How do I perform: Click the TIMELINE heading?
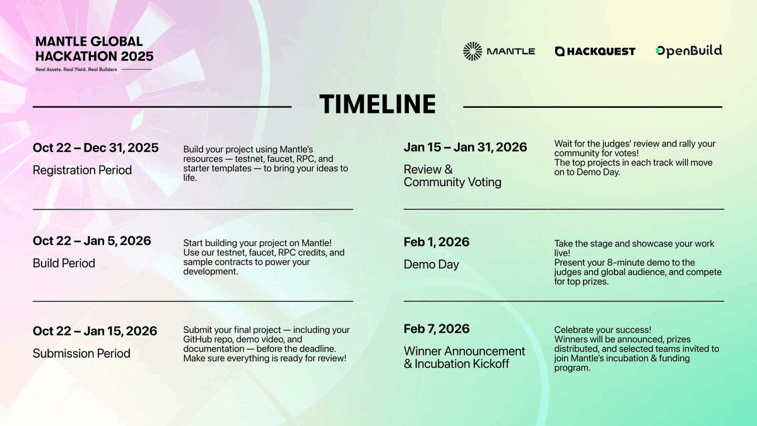[377, 104]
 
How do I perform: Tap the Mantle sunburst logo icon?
[472, 51]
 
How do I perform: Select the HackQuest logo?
[595, 51]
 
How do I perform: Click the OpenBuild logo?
[689, 51]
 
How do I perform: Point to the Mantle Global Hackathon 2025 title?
[94, 49]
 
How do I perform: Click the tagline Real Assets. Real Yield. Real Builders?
[76, 69]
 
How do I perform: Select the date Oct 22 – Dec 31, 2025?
[96, 148]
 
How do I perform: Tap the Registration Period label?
[82, 170]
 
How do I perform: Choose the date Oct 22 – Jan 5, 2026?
[92, 240]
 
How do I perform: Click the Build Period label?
[64, 263]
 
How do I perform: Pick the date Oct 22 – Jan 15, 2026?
[95, 331]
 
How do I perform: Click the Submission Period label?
[81, 353]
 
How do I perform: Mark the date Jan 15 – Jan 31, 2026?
[466, 147]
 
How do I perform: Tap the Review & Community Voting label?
[452, 176]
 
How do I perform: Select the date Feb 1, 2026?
[437, 242]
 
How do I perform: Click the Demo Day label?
[431, 264]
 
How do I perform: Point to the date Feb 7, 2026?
[437, 329]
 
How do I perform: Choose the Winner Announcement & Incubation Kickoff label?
[464, 357]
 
